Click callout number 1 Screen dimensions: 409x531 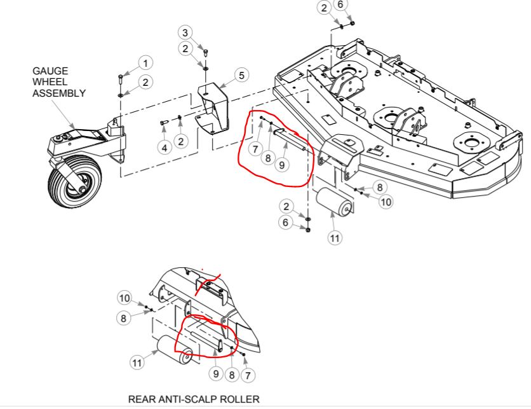click(145, 63)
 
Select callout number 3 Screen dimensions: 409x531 click(185, 32)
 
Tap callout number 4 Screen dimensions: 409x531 click(165, 147)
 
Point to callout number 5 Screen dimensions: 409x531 click(241, 75)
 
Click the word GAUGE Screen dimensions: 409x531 click(51, 71)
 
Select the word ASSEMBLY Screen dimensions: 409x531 click(59, 93)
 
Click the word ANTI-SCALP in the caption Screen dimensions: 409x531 click(191, 399)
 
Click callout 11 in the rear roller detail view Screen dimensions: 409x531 click(137, 363)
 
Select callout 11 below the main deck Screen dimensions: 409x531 click(335, 238)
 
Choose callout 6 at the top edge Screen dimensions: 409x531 click(340, 5)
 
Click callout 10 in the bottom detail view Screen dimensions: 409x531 click(124, 298)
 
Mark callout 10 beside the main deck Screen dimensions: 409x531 click(386, 202)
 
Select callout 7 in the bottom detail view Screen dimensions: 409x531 click(247, 375)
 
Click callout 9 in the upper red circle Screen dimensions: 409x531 click(282, 164)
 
